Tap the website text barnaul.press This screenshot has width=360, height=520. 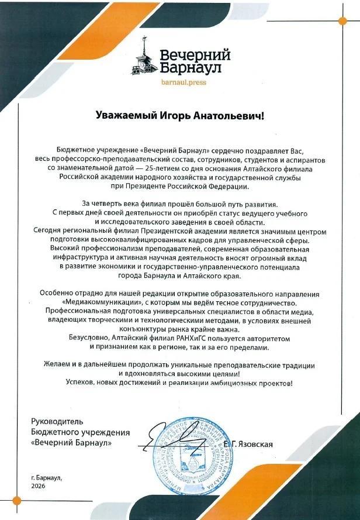(x=184, y=82)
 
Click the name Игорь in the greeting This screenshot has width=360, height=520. (x=170, y=116)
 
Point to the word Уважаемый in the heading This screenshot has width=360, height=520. (x=121, y=116)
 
